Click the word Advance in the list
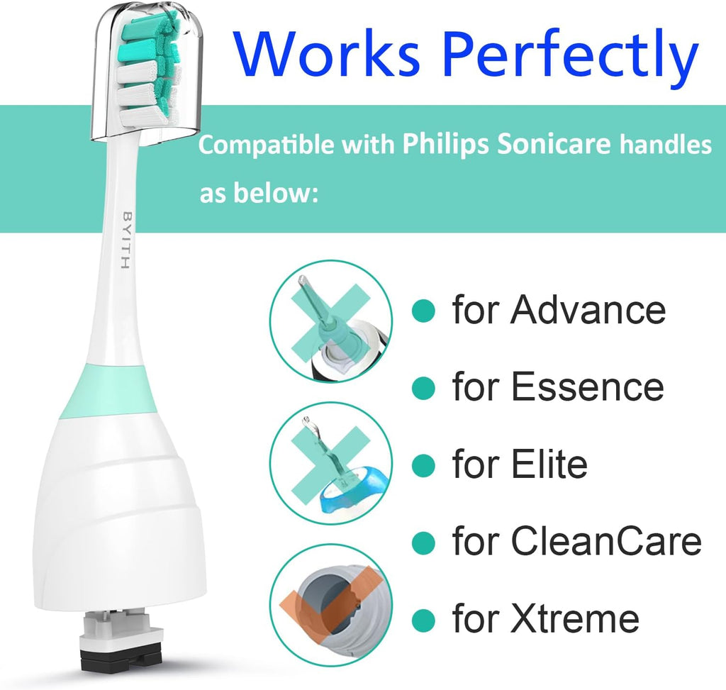[588, 310]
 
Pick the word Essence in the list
[587, 387]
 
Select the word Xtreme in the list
[574, 618]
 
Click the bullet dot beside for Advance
[423, 310]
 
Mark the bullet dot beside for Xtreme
[423, 619]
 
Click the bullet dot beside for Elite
[423, 465]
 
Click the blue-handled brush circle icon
[331, 463]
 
